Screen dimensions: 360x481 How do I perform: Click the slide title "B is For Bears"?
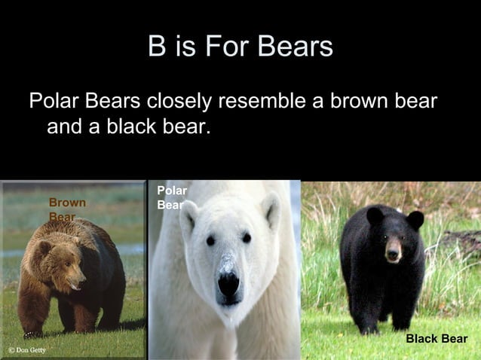pos(240,47)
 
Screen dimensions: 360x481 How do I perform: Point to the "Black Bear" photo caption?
pos(437,339)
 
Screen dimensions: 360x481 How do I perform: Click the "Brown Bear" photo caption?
pos(66,209)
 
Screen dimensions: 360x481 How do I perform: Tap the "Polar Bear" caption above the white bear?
pos(172,197)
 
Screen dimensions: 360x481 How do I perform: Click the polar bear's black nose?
pos(229,283)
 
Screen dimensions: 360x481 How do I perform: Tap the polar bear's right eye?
pos(247,238)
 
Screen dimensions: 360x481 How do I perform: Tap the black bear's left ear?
pos(375,216)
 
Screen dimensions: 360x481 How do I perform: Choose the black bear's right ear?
pos(415,219)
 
